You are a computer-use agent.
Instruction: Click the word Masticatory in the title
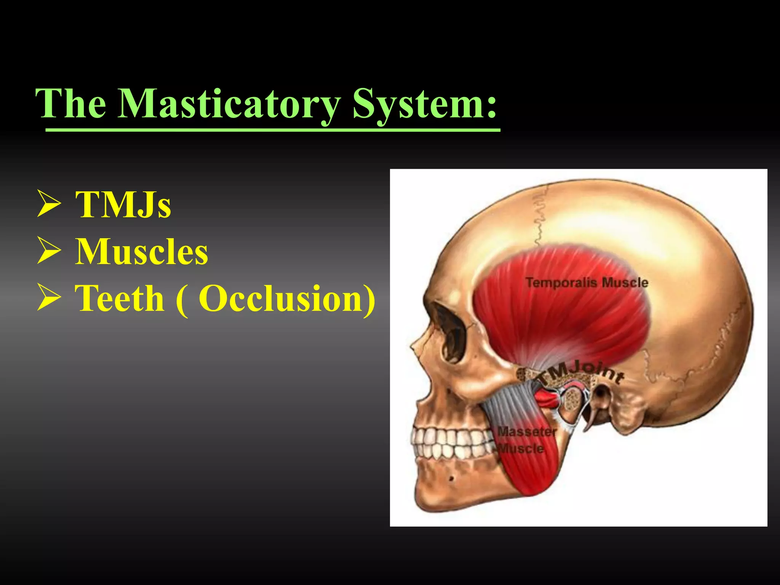[229, 104]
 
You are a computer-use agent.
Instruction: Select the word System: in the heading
[425, 104]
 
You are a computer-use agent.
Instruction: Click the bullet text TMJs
[123, 205]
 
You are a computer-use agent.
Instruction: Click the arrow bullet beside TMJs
[49, 205]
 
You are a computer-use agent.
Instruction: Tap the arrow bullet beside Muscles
[49, 252]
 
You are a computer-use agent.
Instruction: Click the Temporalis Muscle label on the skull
[587, 283]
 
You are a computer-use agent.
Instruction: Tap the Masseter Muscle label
[526, 440]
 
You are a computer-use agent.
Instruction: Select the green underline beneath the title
[272, 130]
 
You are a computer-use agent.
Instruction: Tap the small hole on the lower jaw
[451, 478]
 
